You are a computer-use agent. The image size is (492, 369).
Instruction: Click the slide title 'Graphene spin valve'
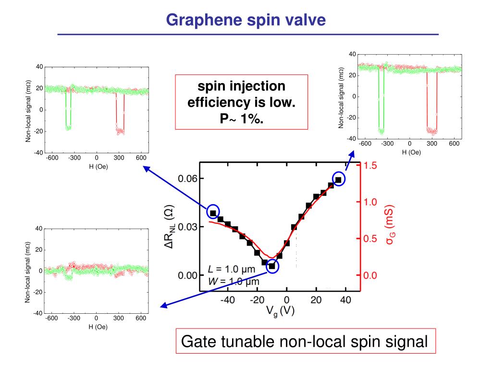point(246,20)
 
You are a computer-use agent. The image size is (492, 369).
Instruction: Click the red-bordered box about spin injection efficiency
point(241,102)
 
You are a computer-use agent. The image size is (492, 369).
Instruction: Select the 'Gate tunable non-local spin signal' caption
point(305,342)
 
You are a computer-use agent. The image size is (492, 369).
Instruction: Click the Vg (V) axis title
point(280,311)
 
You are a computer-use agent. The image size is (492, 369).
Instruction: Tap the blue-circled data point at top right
point(338,180)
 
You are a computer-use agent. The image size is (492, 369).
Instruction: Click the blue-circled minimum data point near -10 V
point(272,266)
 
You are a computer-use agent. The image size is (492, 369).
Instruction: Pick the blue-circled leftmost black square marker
point(213,212)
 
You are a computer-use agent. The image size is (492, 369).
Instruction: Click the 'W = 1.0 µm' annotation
point(234,282)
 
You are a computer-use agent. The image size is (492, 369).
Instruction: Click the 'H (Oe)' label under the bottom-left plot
point(98,327)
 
